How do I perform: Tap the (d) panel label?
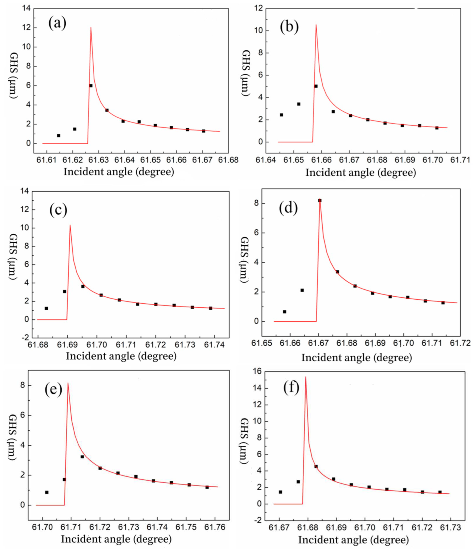[x=288, y=208]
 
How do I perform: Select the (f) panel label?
[x=291, y=388]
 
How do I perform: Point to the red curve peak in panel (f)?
[x=306, y=377]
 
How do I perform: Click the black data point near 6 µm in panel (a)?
[x=91, y=86]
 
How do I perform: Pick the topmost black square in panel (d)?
[x=320, y=200]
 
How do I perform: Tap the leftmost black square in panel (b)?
[x=281, y=115]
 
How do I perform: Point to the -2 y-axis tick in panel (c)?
[x=25, y=338]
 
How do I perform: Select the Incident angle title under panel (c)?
[x=121, y=356]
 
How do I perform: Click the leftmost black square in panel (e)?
[x=47, y=493]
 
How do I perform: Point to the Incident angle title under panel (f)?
[x=353, y=540]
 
